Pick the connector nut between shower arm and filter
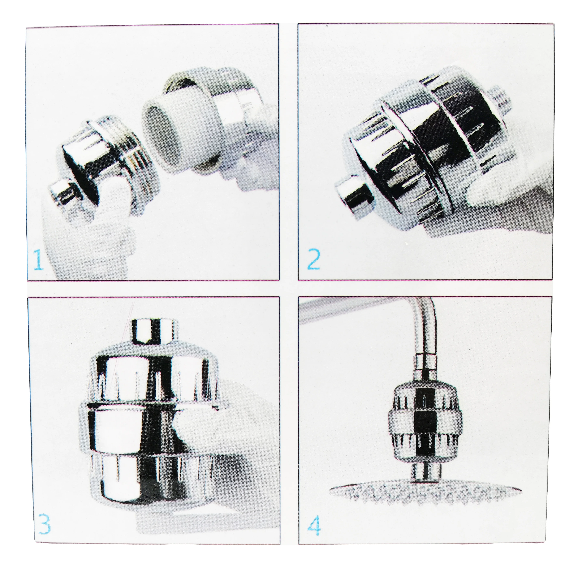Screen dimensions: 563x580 click(425, 367)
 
